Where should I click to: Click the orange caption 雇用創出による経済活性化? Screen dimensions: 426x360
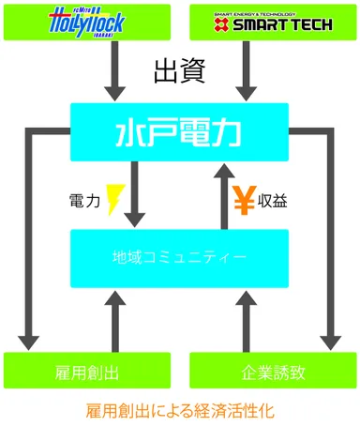[180, 410]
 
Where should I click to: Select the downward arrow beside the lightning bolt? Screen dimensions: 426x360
[138, 192]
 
